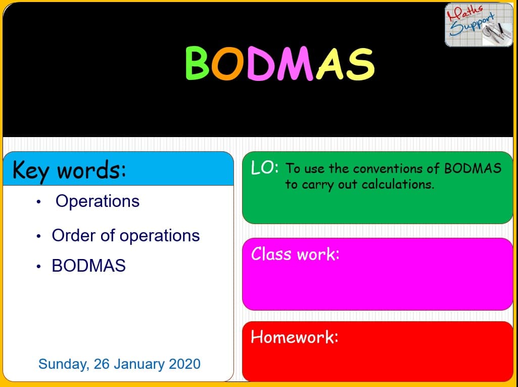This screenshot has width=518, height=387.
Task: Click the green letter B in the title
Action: coord(197,63)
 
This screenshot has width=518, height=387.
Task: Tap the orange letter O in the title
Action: coord(228,63)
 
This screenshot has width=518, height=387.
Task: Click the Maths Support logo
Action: coord(479,25)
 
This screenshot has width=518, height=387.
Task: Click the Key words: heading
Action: coord(69,170)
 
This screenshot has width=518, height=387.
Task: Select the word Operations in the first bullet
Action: coord(98,201)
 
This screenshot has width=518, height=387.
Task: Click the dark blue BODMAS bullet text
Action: coord(88,265)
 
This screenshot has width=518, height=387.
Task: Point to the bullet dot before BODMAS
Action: coord(38,266)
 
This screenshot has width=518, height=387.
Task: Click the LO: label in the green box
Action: coord(264,167)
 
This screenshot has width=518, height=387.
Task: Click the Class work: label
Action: coord(295,254)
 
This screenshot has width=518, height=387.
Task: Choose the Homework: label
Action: coord(294,337)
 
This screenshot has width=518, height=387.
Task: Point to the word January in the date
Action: coord(139,364)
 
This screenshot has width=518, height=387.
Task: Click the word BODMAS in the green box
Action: coord(473,168)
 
